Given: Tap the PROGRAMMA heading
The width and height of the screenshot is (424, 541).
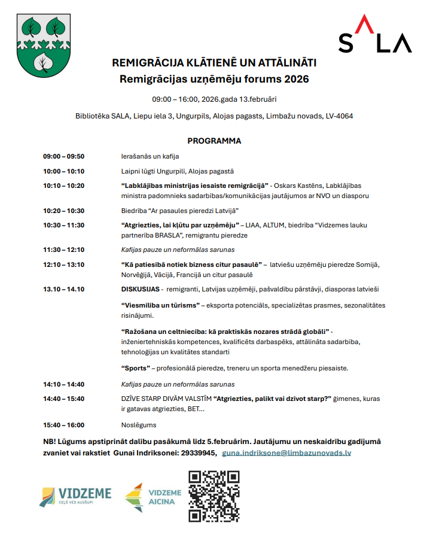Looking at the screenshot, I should point(214,141).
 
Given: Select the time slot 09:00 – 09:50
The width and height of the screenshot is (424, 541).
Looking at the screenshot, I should point(63,157).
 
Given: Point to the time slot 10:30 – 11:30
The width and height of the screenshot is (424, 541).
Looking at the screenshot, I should point(63,225).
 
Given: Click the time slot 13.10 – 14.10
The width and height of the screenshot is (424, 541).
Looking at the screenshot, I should point(63,289).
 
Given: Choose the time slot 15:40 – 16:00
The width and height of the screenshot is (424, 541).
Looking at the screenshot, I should point(63,425).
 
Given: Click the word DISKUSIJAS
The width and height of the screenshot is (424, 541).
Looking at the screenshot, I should point(140,289).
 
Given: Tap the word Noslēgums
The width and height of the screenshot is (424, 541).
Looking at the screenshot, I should point(139,425).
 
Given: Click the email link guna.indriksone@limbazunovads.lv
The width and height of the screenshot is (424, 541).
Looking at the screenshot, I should point(286,453).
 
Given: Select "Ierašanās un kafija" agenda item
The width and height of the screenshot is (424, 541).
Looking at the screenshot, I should point(150,157).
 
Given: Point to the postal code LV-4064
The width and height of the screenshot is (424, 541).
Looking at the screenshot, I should point(336,116).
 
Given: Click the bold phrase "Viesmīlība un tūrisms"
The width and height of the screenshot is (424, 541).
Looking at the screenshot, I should point(160,305).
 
